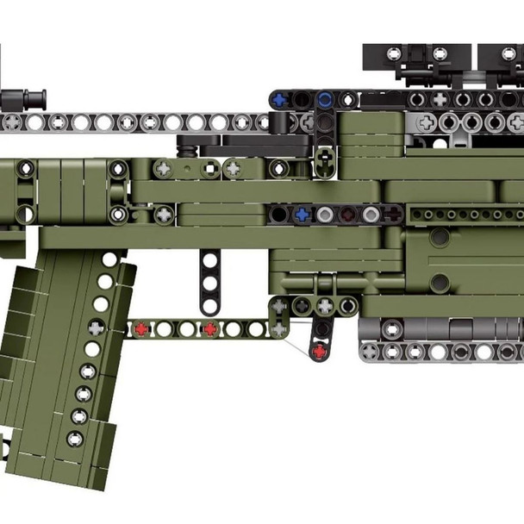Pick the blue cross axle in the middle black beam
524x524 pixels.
301,213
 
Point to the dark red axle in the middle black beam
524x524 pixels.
347,213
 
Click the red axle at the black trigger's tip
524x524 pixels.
321,350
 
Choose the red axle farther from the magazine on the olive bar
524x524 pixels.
209,328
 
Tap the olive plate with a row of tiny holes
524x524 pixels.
465,213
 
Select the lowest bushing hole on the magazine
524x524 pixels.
75,438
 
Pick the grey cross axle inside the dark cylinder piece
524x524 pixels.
391,328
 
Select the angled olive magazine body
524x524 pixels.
60,362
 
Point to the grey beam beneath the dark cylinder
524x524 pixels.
440,351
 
